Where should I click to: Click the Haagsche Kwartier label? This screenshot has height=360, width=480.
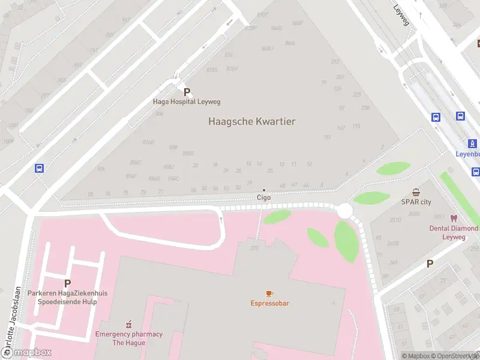pyautogui.click(x=251, y=121)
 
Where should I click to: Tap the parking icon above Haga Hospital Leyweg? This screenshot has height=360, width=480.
pyautogui.click(x=187, y=92)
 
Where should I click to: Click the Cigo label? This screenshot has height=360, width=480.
pyautogui.click(x=263, y=197)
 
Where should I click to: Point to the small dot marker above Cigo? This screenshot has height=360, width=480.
pyautogui.click(x=263, y=190)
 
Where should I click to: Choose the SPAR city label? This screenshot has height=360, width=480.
pyautogui.click(x=416, y=202)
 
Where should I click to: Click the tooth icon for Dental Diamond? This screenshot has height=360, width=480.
pyautogui.click(x=454, y=218)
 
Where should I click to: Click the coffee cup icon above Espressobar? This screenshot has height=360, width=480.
pyautogui.click(x=269, y=293)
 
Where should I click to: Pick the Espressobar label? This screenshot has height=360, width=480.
pyautogui.click(x=269, y=303)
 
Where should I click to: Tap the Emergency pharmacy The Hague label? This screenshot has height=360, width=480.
pyautogui.click(x=128, y=338)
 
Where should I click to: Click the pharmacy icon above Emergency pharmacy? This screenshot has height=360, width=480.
pyautogui.click(x=128, y=324)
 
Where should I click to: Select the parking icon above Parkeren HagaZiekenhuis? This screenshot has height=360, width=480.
pyautogui.click(x=67, y=283)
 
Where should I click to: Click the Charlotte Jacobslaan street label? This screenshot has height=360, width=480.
pyautogui.click(x=18, y=318)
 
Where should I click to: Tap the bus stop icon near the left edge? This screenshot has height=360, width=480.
pyautogui.click(x=40, y=169)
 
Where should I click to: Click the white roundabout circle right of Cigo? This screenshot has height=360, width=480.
pyautogui.click(x=344, y=211)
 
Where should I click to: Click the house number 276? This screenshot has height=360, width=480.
pyautogui.click(x=254, y=248)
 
